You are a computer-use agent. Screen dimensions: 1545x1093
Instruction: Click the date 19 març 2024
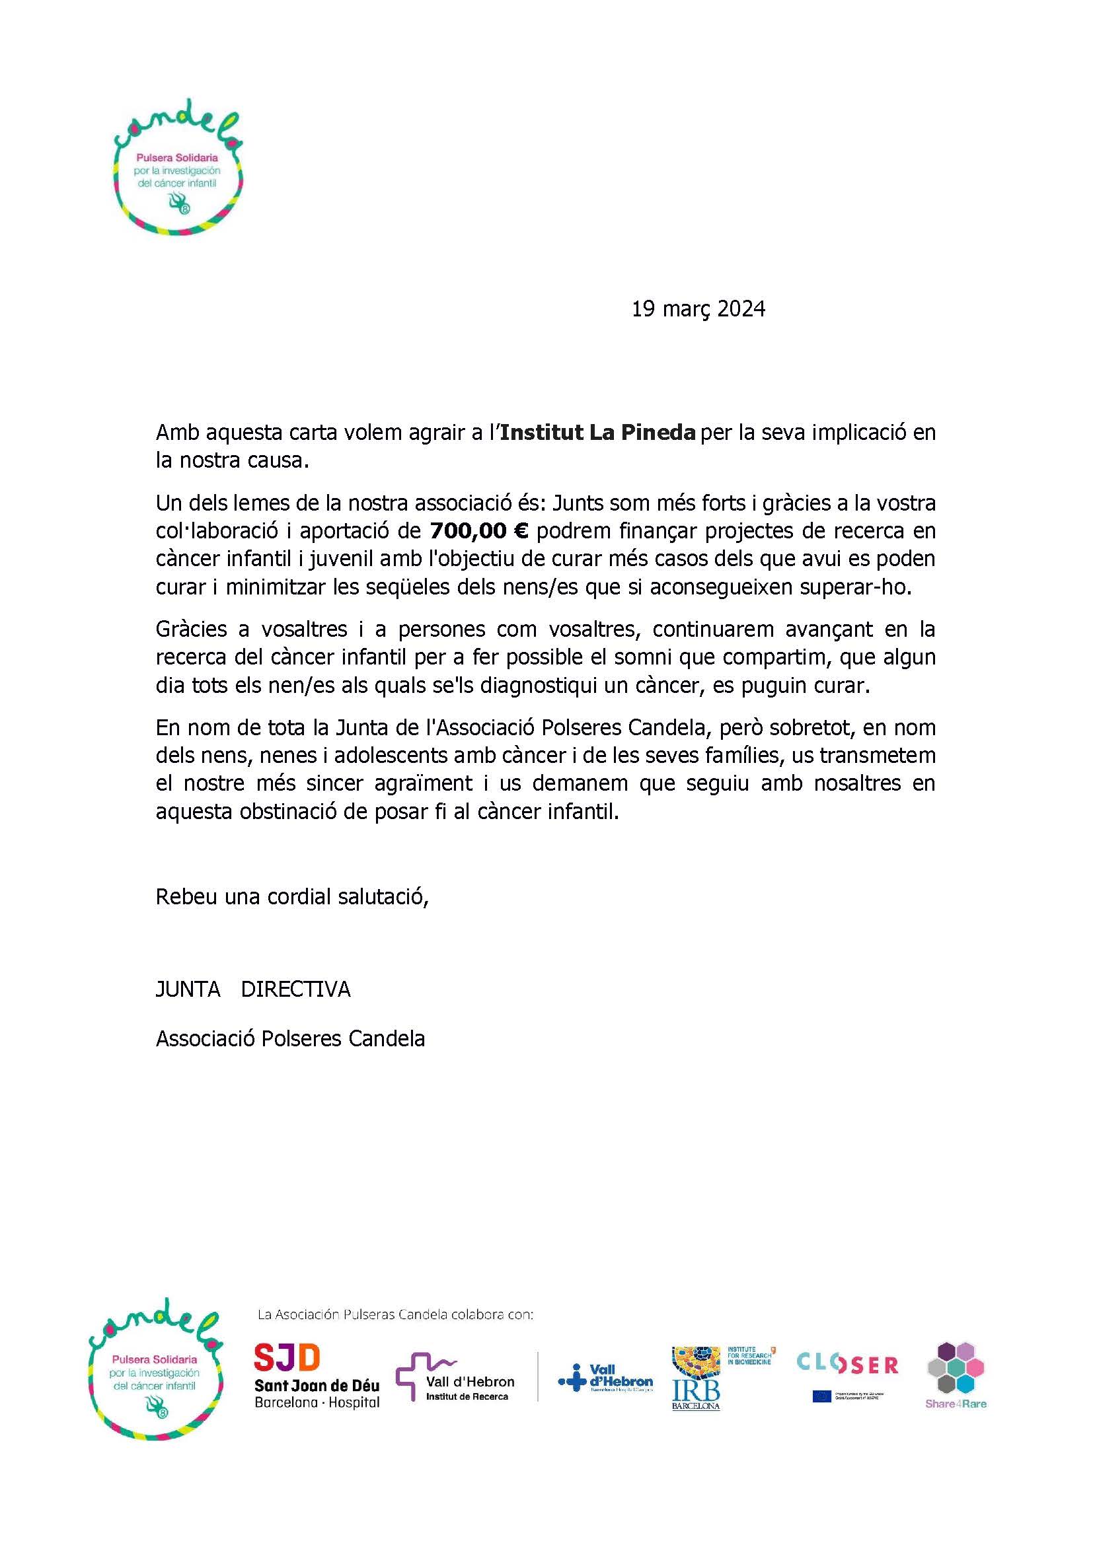698,309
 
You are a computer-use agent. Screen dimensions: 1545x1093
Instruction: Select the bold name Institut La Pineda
597,433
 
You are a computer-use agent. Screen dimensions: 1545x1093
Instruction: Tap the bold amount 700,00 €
479,532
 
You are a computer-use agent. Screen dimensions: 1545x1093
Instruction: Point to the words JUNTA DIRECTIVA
253,989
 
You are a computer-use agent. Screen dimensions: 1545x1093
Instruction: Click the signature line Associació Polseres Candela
290,1038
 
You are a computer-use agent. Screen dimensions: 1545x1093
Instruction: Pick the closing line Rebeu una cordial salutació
292,897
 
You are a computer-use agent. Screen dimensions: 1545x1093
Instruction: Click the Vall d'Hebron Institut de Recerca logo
456,1377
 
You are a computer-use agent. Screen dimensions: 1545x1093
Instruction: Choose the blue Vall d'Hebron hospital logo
606,1377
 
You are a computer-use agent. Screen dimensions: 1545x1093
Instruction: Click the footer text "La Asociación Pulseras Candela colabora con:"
395,1314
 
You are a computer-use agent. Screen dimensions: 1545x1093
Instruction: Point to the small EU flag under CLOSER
821,1396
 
